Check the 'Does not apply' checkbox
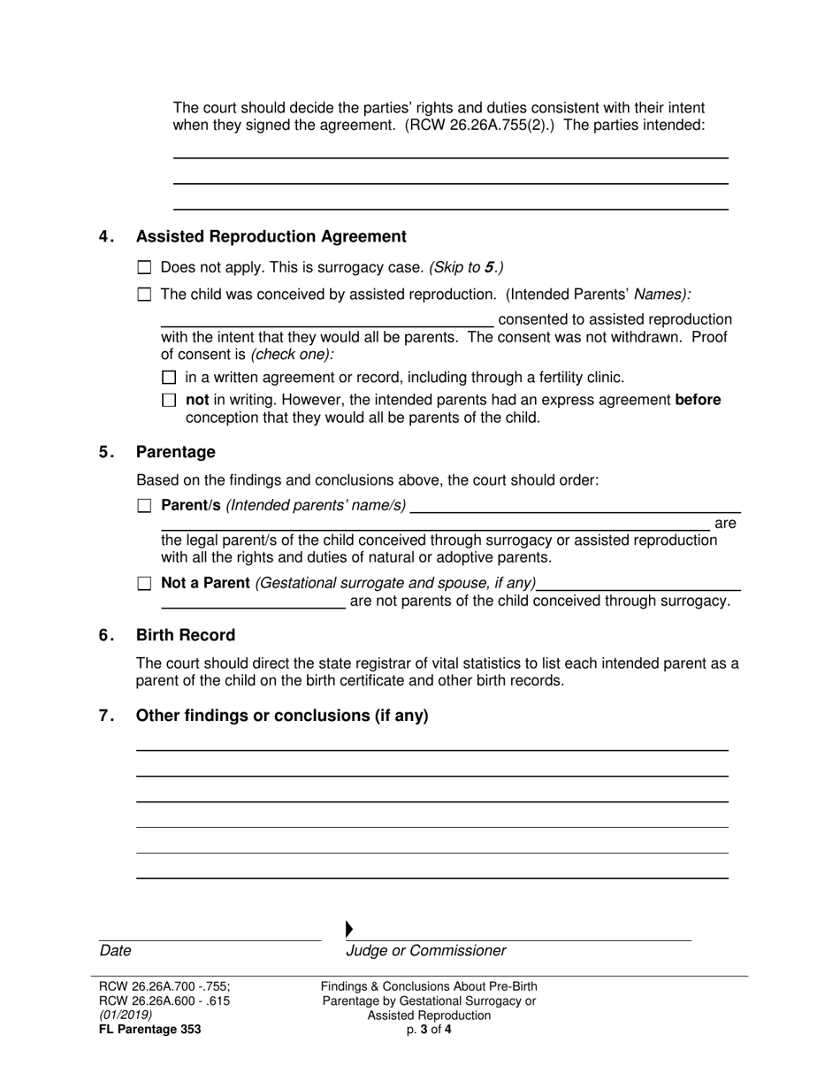(x=145, y=267)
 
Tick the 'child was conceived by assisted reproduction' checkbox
(x=145, y=295)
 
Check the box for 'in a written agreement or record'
(x=170, y=378)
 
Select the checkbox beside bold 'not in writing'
(x=170, y=401)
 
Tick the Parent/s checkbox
(x=145, y=506)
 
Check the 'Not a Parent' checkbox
(x=145, y=584)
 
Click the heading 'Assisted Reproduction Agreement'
(x=271, y=236)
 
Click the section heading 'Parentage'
(x=175, y=452)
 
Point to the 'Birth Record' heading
(x=185, y=635)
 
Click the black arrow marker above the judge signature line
(x=349, y=929)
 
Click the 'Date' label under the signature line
(x=115, y=951)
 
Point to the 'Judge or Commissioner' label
(x=425, y=951)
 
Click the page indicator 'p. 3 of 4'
(x=429, y=1030)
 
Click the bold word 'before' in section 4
(x=698, y=400)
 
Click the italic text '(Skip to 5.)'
(x=466, y=267)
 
